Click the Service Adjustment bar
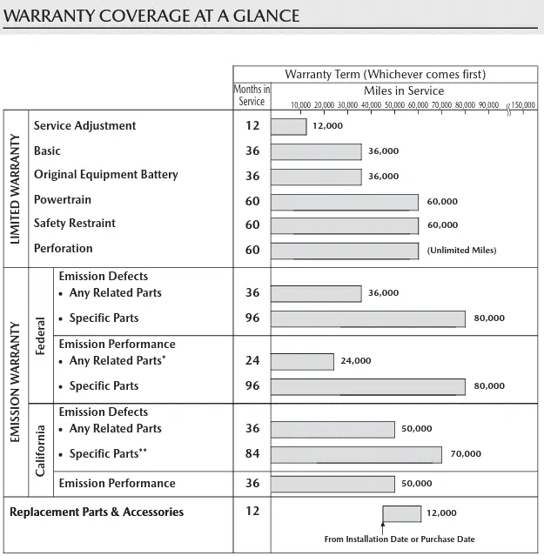289,126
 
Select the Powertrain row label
63,199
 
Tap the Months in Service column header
252,96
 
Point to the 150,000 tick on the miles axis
523,105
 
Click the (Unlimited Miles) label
461,251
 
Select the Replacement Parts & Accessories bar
401,513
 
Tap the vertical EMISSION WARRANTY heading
15,383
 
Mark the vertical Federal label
41,335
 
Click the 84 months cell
252,453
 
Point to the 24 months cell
252,360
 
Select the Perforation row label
63,249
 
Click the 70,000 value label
466,454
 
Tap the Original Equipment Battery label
105,175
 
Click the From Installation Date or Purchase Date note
400,539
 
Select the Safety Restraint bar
345,225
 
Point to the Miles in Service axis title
403,90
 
